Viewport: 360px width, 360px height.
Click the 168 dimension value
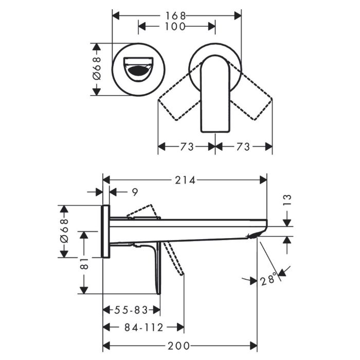(x=175, y=16)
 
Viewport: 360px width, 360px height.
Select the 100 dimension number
(x=175, y=27)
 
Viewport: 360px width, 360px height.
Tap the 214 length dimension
(x=185, y=180)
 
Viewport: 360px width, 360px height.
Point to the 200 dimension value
(x=178, y=346)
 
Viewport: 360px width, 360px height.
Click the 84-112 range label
(x=143, y=327)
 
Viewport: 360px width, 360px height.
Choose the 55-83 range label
(x=131, y=310)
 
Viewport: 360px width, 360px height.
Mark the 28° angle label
(x=268, y=279)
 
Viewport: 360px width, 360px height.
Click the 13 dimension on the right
(x=287, y=200)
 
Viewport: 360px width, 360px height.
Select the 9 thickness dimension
(x=135, y=192)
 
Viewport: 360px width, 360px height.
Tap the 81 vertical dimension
(x=84, y=263)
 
